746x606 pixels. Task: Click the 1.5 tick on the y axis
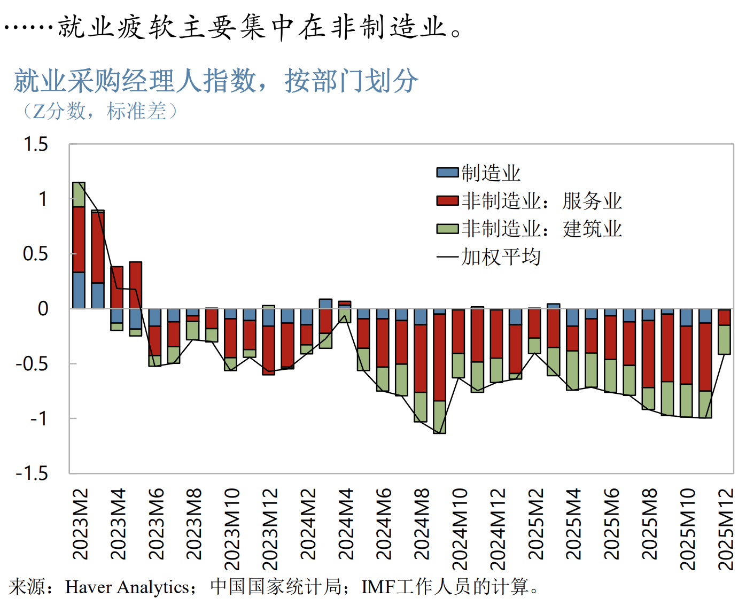36,144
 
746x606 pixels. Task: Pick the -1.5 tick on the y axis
32,473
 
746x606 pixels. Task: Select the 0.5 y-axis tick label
36,254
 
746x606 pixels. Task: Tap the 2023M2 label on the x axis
81,524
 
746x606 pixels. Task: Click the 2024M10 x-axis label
460,529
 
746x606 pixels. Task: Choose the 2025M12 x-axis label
726,529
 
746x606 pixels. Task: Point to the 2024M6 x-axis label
384,524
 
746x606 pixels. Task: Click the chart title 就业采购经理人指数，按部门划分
216,81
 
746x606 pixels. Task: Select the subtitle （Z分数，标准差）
99,111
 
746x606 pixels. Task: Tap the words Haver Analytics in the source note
127,587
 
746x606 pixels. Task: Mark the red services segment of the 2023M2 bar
79,239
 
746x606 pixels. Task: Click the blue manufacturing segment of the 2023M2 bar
79,290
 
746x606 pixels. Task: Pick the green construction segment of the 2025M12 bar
725,340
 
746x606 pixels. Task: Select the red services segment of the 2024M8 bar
421,359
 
